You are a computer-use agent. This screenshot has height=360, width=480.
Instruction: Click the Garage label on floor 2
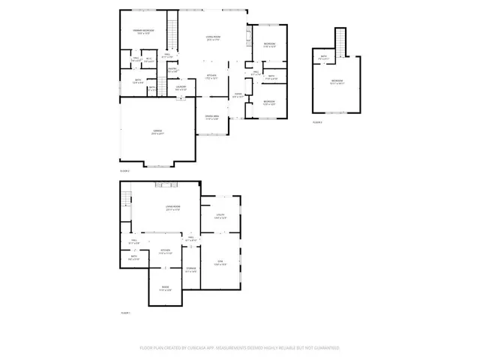pyautogui.click(x=157, y=133)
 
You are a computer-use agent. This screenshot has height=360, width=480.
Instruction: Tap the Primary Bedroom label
pyautogui.click(x=144, y=31)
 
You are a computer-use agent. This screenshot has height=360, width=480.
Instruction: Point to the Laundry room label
pyautogui.click(x=181, y=88)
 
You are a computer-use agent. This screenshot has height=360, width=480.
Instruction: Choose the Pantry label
pyautogui.click(x=172, y=71)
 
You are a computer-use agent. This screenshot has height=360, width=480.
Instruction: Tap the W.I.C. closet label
pyautogui.click(x=148, y=60)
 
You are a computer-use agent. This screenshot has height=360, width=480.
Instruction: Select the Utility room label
pyautogui.click(x=220, y=217)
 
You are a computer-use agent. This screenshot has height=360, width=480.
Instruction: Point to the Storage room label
pyautogui.click(x=191, y=269)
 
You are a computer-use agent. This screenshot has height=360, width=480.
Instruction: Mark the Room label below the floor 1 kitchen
pyautogui.click(x=166, y=289)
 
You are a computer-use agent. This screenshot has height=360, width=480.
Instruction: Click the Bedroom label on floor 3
pyautogui.click(x=337, y=82)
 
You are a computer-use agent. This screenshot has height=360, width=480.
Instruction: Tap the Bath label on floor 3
pyautogui.click(x=324, y=58)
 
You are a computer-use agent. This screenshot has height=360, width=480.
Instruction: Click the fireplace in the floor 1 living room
pyautogui.click(x=166, y=184)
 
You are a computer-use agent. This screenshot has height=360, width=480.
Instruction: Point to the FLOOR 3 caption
pyautogui.click(x=317, y=121)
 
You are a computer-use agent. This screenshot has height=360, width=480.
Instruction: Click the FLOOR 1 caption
pyautogui.click(x=125, y=312)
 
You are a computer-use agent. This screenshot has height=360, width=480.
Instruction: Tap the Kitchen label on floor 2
pyautogui.click(x=213, y=77)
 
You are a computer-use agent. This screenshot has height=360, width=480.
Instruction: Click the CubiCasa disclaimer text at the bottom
pyautogui.click(x=239, y=348)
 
